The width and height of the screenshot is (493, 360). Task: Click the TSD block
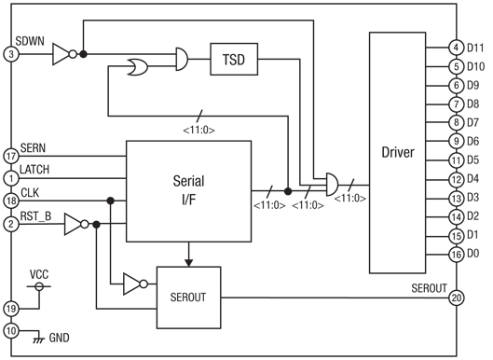coord(233,59)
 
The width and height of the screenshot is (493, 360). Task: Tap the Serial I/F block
coord(188,189)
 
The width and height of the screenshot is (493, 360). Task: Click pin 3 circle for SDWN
coord(11,54)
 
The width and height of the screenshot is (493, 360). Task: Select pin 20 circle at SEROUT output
coord(455,298)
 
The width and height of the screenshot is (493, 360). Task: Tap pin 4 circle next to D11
coord(455,47)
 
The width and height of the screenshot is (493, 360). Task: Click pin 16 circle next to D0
coord(455,254)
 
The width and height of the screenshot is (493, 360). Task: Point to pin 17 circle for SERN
coord(11,156)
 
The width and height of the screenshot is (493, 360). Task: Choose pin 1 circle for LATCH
coord(11,176)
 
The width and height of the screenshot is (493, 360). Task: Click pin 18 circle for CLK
coord(11,201)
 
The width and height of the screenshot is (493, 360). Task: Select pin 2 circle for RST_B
coord(11,224)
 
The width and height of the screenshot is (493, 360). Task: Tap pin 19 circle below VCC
coord(11,308)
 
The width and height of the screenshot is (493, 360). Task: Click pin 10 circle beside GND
coord(11,330)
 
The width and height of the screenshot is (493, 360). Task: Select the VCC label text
coord(38,275)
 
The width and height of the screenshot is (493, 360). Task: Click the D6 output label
coord(474,141)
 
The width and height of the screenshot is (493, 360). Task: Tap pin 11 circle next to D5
coord(455,159)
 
